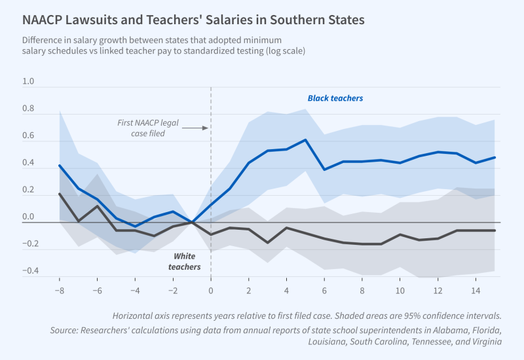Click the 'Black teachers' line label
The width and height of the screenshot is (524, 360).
(335, 98)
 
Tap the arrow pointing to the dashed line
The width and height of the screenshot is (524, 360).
(195, 128)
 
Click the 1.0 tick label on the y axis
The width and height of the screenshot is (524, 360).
(29, 82)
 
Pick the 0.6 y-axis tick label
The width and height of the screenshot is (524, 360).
(29, 137)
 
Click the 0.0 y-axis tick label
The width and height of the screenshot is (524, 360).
(29, 217)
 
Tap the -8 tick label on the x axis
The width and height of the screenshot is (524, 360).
(59, 289)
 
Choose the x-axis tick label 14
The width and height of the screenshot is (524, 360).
(476, 289)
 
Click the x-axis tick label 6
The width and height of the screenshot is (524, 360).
(324, 289)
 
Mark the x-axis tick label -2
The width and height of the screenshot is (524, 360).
(172, 289)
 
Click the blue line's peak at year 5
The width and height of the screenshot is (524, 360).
(305, 139)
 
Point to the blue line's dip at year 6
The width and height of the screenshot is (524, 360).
(324, 170)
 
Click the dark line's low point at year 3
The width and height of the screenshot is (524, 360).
(267, 243)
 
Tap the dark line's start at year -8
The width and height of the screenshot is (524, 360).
(60, 194)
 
